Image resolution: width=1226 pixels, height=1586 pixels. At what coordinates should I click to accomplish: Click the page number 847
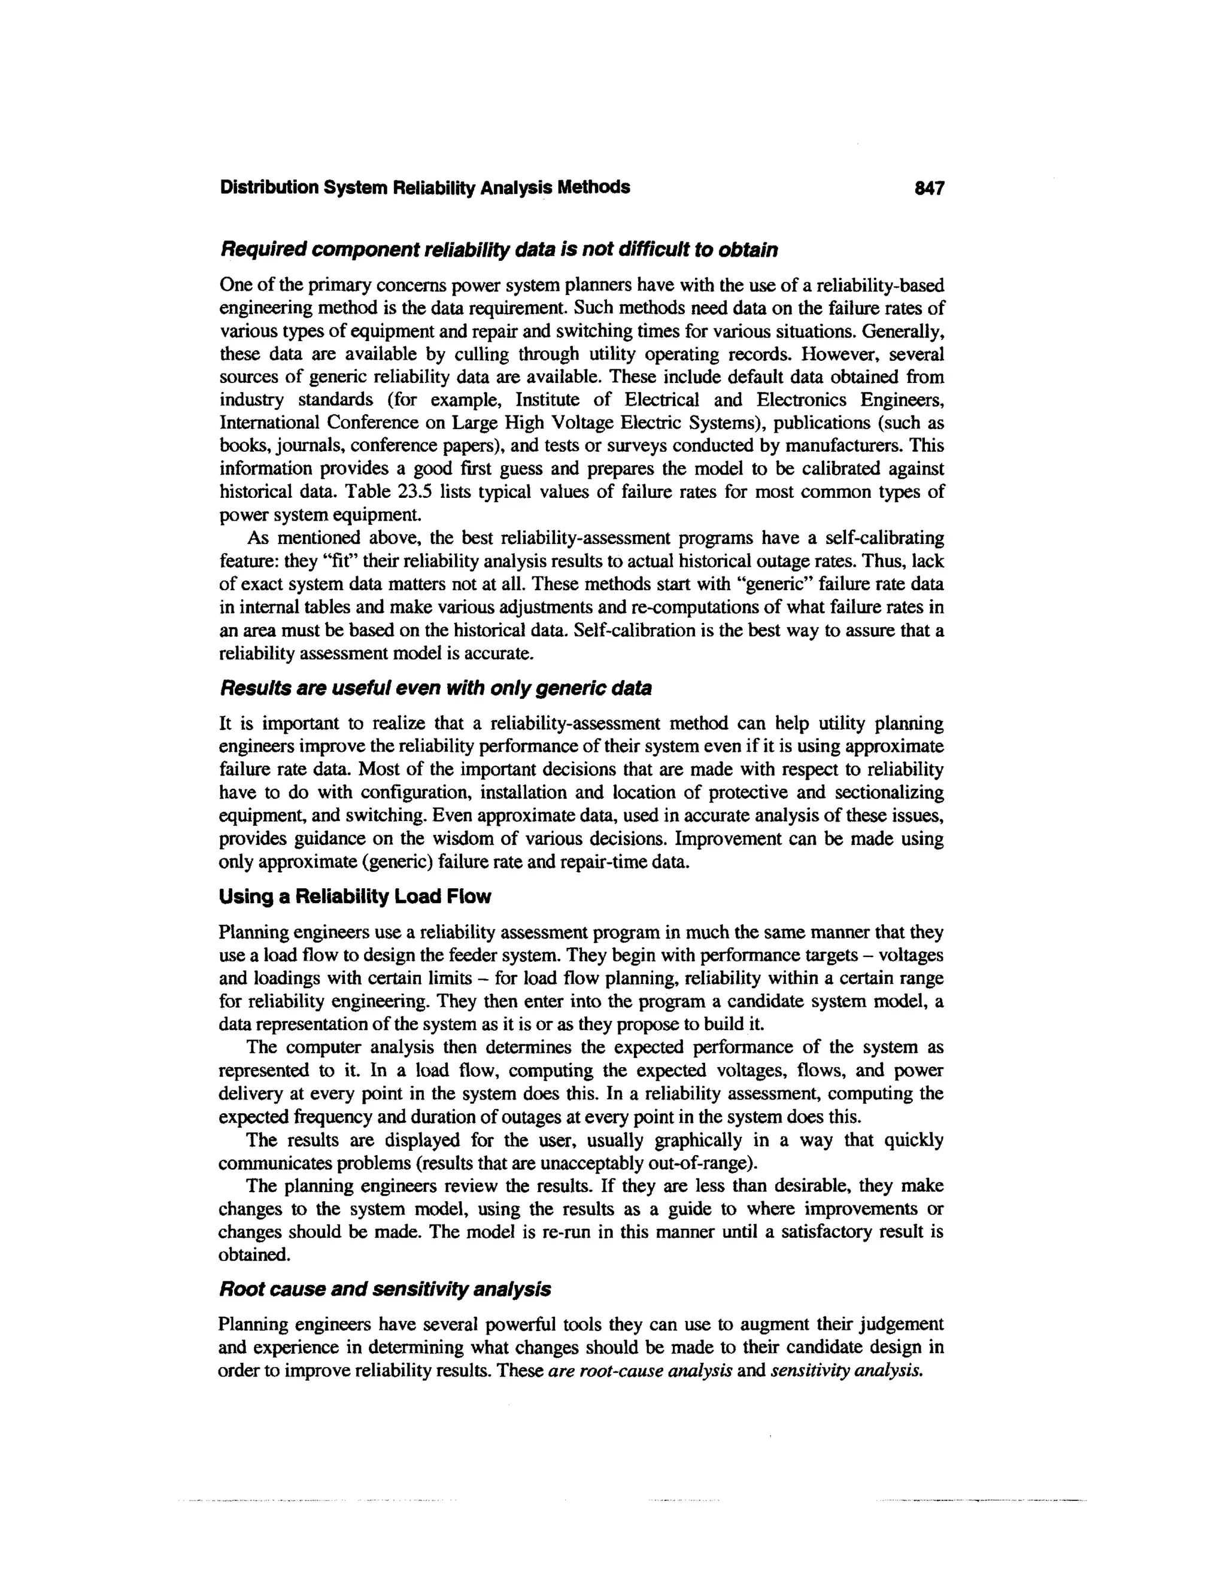tap(929, 188)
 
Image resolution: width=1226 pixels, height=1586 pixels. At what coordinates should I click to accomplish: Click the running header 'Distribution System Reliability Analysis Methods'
tap(425, 187)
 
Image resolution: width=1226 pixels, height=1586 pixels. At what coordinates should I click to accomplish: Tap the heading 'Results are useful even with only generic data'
tap(435, 688)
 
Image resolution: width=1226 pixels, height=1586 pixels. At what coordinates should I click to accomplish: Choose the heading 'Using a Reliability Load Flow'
tap(354, 897)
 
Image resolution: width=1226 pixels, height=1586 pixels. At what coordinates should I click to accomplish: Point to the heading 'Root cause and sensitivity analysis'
tap(384, 1289)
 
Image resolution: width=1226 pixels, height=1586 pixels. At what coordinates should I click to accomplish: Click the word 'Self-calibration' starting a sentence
tap(624, 630)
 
